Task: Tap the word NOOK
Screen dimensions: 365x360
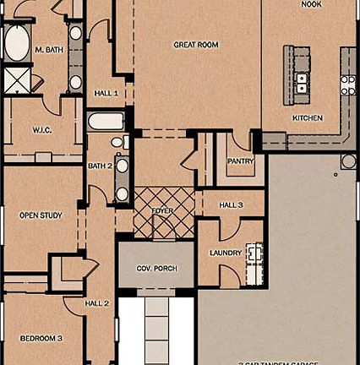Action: click(x=312, y=4)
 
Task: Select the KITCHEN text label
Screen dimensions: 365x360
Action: click(x=308, y=117)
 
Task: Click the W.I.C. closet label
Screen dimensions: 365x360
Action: click(x=43, y=130)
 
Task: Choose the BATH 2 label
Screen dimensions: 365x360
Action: click(x=100, y=166)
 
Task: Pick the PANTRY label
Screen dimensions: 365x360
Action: click(x=240, y=161)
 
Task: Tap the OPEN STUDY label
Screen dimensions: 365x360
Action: click(x=41, y=215)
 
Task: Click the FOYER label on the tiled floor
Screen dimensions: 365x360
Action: click(x=162, y=210)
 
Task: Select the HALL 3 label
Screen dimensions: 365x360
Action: click(x=231, y=204)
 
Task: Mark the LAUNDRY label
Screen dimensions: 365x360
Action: click(x=226, y=253)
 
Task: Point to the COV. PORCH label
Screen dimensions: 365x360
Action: click(x=156, y=268)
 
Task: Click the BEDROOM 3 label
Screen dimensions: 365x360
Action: click(x=41, y=338)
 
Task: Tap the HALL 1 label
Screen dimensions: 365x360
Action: click(x=106, y=93)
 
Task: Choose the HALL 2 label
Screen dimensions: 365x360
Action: click(x=97, y=303)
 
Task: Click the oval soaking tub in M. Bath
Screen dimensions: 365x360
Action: click(x=17, y=43)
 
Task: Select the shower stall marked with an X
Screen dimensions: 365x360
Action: click(x=16, y=81)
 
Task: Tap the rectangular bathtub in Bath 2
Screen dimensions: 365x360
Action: click(x=106, y=121)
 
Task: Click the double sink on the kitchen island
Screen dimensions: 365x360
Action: click(x=302, y=81)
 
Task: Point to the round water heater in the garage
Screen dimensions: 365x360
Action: click(x=348, y=161)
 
